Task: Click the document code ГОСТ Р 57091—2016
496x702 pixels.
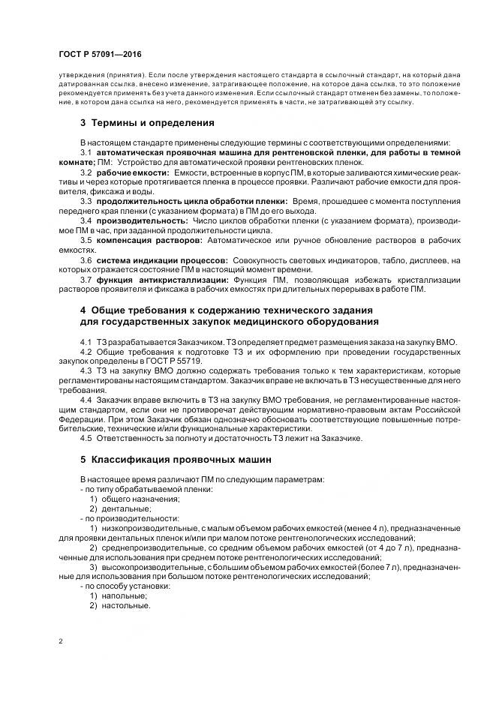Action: coord(99,55)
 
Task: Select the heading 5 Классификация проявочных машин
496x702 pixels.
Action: coord(171,458)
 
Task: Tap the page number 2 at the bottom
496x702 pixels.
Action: coord(61,642)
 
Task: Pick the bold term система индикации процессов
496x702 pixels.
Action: coord(158,260)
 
